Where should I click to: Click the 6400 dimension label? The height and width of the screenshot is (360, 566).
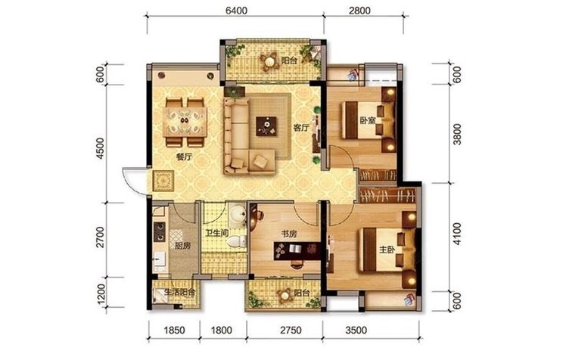click(x=236, y=11)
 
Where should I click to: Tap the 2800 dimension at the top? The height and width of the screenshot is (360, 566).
click(x=359, y=11)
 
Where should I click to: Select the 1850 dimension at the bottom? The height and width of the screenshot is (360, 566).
click(x=174, y=330)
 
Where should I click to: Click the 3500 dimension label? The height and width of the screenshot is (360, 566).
click(x=356, y=330)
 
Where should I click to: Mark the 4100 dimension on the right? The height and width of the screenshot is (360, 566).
click(x=457, y=234)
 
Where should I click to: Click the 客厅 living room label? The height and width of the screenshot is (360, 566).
click(x=301, y=127)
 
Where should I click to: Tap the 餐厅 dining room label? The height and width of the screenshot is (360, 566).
click(x=184, y=157)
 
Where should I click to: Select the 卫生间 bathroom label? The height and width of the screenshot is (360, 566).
click(x=217, y=233)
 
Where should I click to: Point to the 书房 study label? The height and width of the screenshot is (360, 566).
click(x=289, y=234)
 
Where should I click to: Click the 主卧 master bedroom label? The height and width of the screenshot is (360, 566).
click(x=387, y=250)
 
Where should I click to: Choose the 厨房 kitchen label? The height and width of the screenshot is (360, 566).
click(x=182, y=246)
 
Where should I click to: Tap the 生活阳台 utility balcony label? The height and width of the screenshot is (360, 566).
click(x=180, y=292)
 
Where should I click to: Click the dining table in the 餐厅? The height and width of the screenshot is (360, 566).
click(x=185, y=122)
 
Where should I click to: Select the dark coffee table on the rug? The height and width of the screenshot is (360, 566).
click(x=266, y=126)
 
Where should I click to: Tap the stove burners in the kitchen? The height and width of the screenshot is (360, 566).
click(x=159, y=231)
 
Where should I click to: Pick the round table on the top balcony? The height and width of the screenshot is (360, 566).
click(x=269, y=62)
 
